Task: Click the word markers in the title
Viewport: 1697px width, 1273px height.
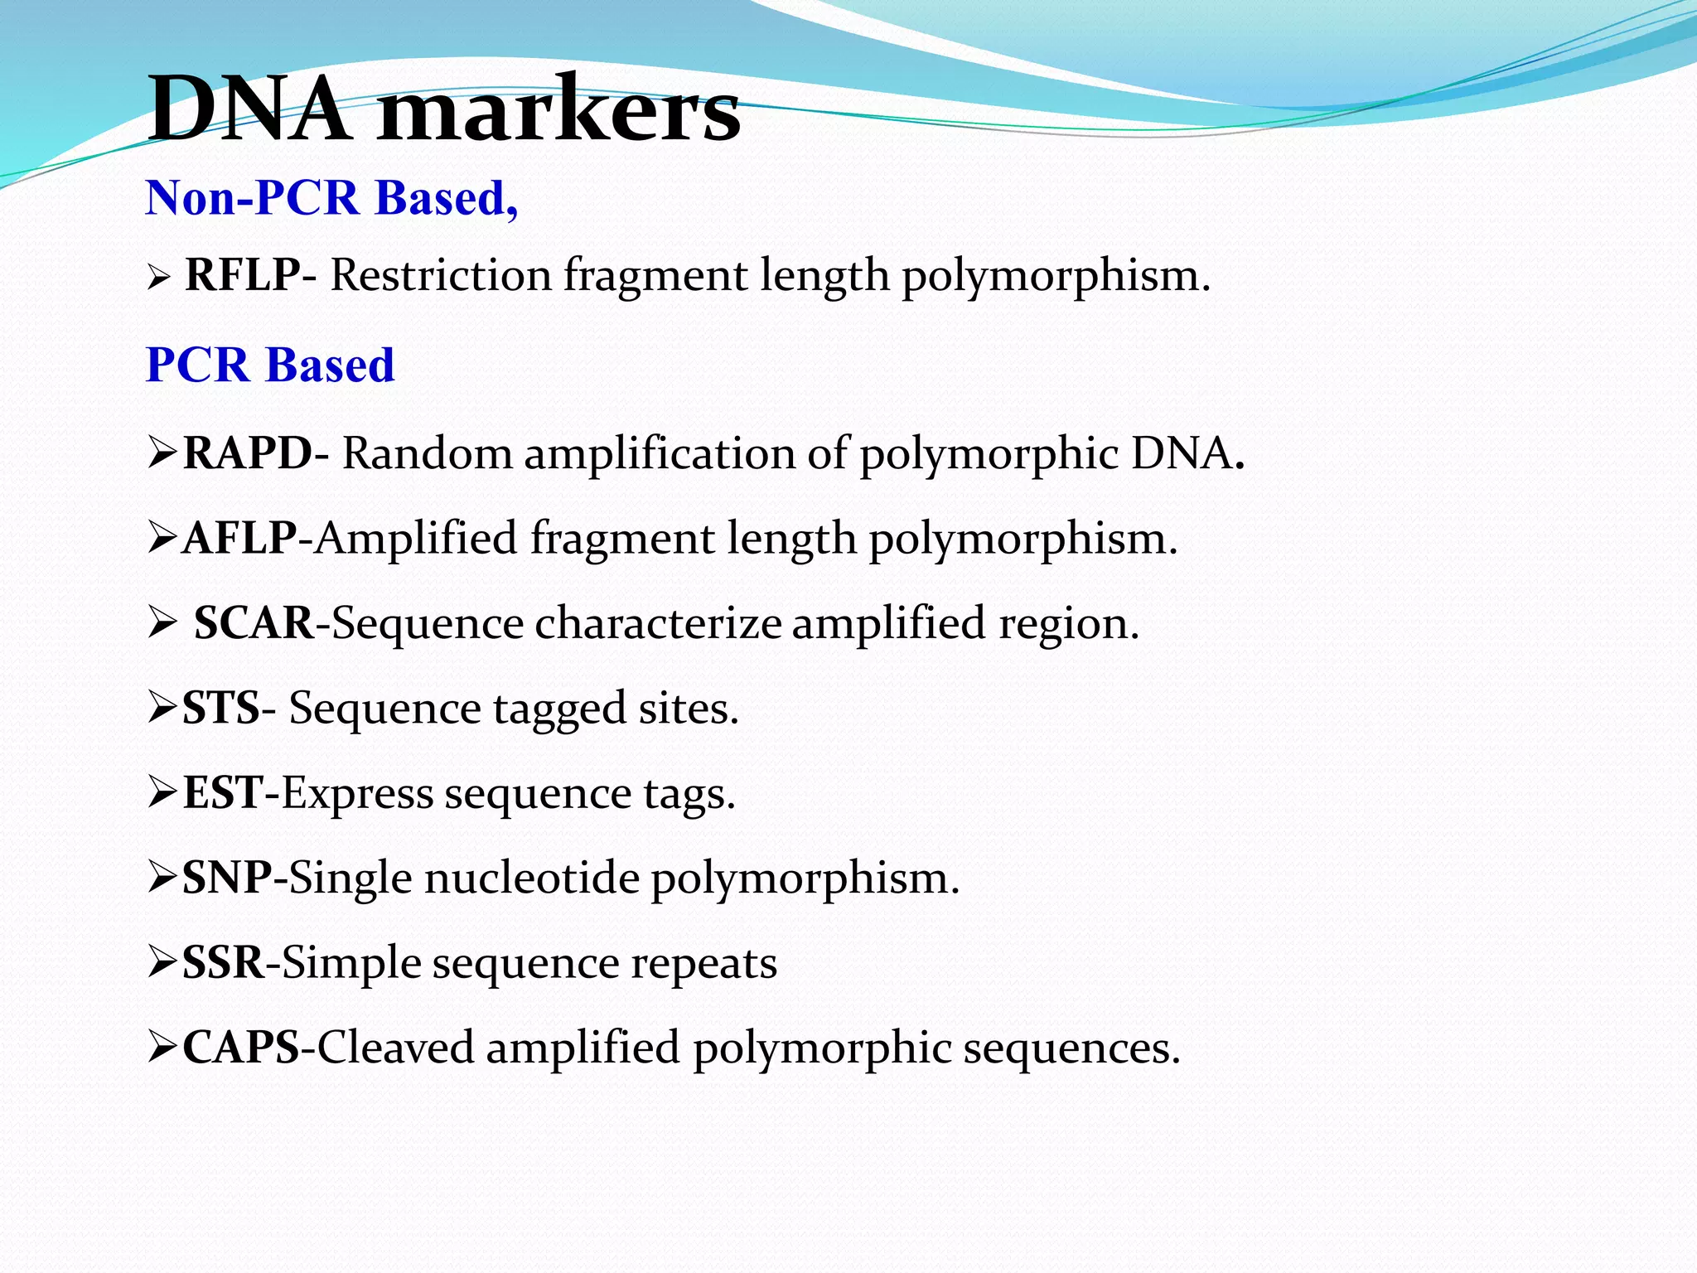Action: [559, 111]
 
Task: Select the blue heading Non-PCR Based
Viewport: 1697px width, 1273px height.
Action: [331, 198]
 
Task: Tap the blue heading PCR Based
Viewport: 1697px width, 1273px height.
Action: [270, 365]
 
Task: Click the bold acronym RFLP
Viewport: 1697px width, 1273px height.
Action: [242, 274]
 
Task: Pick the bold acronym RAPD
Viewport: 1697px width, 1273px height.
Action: [248, 453]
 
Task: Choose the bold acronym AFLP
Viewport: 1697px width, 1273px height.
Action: [239, 538]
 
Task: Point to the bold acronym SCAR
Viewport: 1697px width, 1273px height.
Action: [254, 622]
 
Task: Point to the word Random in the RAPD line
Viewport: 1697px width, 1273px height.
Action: [428, 453]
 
